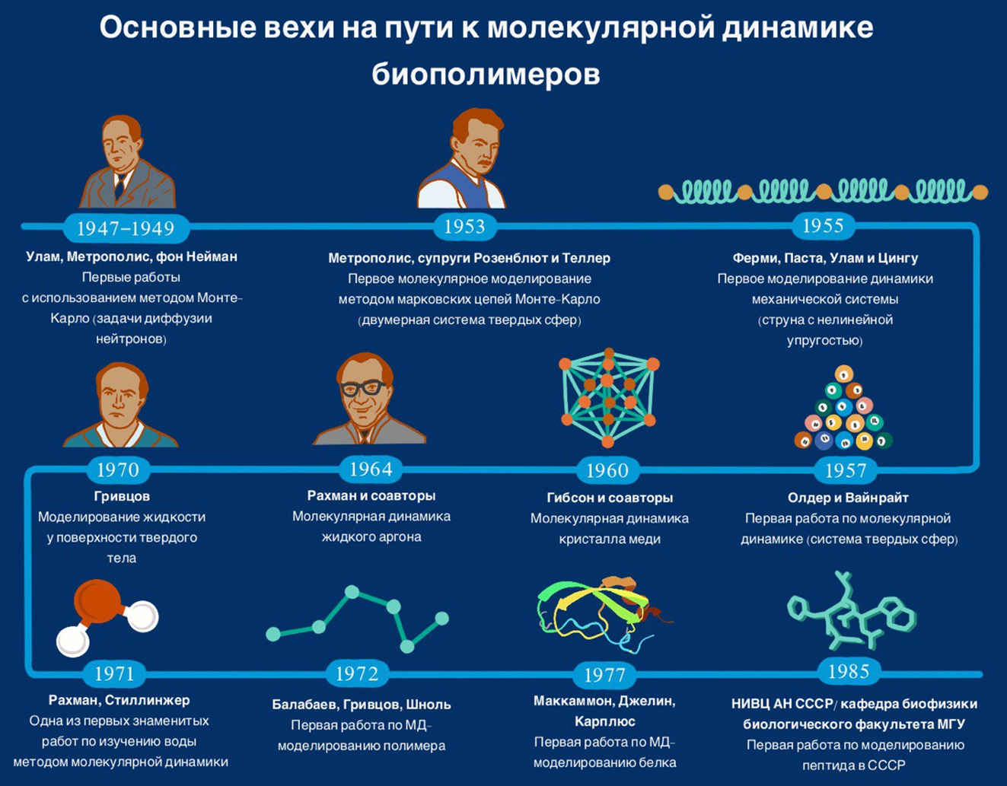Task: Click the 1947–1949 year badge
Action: click(x=126, y=228)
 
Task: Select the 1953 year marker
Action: click(x=464, y=226)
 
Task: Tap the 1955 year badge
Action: click(x=823, y=225)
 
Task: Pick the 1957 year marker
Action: click(x=846, y=470)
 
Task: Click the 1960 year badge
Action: click(x=607, y=470)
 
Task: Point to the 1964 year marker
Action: click(x=371, y=469)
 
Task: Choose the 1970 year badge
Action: click(x=118, y=469)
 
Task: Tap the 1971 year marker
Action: click(x=114, y=673)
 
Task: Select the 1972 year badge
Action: click(x=357, y=673)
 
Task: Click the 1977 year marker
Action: click(x=604, y=674)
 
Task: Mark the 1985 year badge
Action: click(x=849, y=671)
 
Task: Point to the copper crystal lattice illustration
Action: click(x=607, y=397)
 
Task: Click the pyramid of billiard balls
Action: click(x=843, y=411)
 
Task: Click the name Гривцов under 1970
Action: click(x=122, y=496)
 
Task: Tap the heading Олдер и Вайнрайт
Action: click(x=848, y=498)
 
